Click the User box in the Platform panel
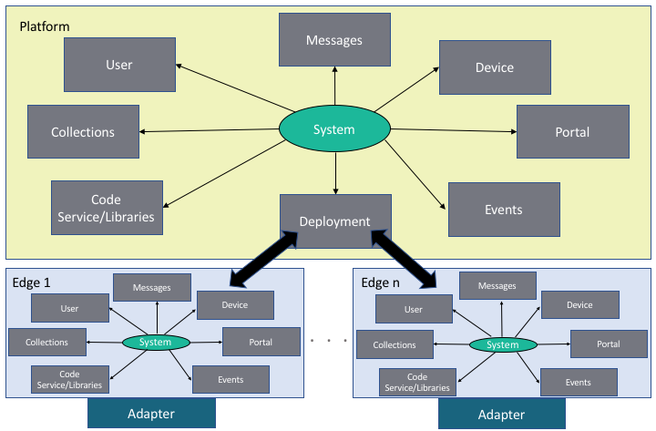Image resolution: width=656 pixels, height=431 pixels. pyautogui.click(x=119, y=65)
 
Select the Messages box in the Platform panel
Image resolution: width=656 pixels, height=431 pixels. pyautogui.click(x=334, y=40)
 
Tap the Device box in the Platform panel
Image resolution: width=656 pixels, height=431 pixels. pyautogui.click(x=495, y=67)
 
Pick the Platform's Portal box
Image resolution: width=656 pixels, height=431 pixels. pyautogui.click(x=572, y=132)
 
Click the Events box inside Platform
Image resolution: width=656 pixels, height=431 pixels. pyautogui.click(x=504, y=210)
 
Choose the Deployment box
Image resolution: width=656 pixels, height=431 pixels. pyautogui.click(x=335, y=221)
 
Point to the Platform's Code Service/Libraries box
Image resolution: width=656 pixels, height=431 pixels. pyautogui.click(x=107, y=208)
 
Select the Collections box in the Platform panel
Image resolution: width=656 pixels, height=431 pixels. pyautogui.click(x=83, y=132)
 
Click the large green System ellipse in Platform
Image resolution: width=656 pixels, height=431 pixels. pyautogui.click(x=334, y=130)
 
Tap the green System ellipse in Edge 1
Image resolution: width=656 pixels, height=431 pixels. pyautogui.click(x=156, y=343)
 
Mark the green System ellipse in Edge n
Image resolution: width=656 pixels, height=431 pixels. pyautogui.click(x=502, y=344)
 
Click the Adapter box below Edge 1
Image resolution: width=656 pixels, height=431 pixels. pyautogui.click(x=151, y=415)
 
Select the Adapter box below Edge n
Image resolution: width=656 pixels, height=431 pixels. pyautogui.click(x=502, y=415)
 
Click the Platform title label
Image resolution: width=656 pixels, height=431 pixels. pyautogui.click(x=44, y=26)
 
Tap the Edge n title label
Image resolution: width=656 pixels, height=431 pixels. pyautogui.click(x=380, y=283)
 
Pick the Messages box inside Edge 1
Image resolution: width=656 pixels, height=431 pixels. pyautogui.click(x=152, y=288)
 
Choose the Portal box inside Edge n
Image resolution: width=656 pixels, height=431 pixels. pyautogui.click(x=609, y=344)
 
